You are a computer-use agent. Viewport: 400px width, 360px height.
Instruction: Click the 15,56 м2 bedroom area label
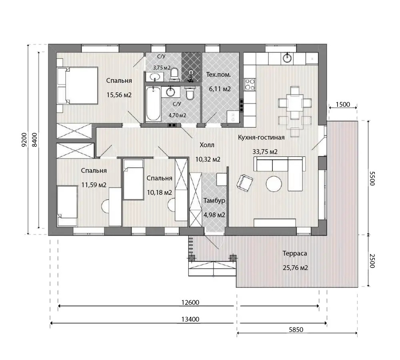point(119,95)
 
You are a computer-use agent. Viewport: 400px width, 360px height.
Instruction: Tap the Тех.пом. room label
point(218,75)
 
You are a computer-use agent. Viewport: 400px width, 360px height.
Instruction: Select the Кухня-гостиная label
point(261,138)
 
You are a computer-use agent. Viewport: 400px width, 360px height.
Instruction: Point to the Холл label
point(207,145)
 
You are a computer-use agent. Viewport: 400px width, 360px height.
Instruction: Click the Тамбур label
point(214,200)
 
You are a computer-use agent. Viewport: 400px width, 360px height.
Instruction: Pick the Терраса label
point(295,254)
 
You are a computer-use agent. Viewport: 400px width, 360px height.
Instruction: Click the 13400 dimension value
point(190,319)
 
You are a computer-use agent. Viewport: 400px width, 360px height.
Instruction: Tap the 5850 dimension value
point(296,330)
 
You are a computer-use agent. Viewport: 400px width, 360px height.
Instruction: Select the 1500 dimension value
point(343,104)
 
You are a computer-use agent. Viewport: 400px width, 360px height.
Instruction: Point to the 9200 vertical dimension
point(24,140)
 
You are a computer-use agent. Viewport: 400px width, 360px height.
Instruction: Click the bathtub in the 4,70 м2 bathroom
point(153,104)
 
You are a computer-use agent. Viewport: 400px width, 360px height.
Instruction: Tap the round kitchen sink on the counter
point(288,58)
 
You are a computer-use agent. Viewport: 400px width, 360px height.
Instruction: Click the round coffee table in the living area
point(274,184)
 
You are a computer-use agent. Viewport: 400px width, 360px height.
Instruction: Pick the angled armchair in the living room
point(245,183)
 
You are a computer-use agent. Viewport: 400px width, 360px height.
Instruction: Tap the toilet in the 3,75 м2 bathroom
point(174,73)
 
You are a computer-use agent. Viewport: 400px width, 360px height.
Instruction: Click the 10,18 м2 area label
point(160,192)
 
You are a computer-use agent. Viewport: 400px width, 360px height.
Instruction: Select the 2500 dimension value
point(372,261)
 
